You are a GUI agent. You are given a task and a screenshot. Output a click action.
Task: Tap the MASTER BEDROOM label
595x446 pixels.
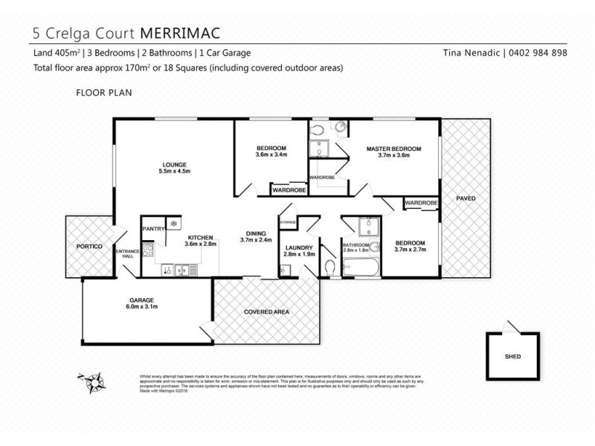(x=393, y=149)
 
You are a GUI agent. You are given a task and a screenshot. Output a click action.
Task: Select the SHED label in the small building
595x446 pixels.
(x=512, y=356)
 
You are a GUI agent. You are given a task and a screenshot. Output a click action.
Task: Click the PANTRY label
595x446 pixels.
(x=153, y=229)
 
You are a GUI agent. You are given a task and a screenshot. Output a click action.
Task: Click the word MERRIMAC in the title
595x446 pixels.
(x=179, y=33)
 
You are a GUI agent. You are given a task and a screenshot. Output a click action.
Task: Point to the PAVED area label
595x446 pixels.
(x=466, y=198)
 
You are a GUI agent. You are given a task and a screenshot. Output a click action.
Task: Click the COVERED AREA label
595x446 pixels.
(x=266, y=311)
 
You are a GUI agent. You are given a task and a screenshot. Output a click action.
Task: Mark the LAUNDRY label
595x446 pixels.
(x=299, y=248)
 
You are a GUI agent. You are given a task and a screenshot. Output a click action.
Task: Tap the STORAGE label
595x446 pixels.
(x=288, y=222)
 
